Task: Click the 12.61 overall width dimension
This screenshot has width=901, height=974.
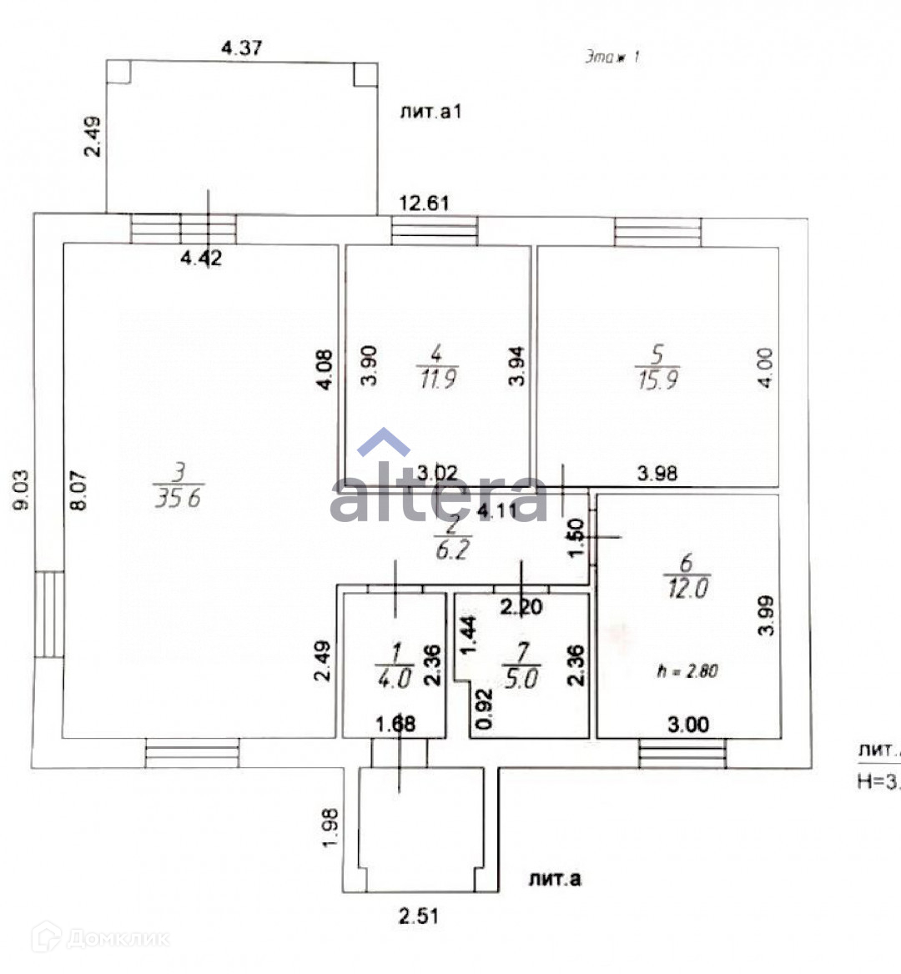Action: [x=425, y=203]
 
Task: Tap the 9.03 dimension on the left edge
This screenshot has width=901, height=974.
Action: [x=21, y=490]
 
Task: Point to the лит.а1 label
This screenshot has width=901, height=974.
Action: [x=430, y=112]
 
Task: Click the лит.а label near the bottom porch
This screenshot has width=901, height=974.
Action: [x=555, y=879]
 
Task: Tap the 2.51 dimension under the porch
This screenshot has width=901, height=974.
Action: [x=418, y=916]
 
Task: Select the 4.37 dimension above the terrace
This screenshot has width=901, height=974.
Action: [x=242, y=48]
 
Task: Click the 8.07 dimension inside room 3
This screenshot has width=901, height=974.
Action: [x=78, y=491]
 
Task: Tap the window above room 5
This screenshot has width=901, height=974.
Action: [x=657, y=231]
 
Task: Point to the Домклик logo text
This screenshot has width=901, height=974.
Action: [x=117, y=939]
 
